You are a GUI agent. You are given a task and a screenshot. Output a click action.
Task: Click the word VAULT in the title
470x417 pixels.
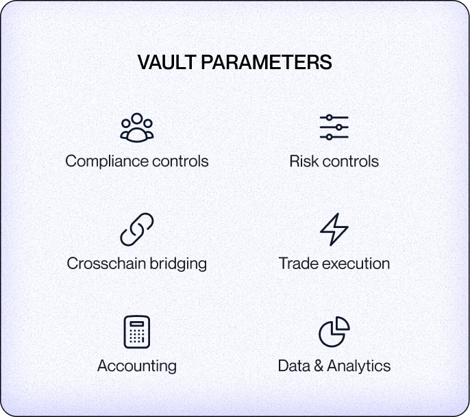click(x=167, y=62)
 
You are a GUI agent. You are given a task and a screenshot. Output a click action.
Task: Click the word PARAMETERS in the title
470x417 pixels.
click(x=267, y=62)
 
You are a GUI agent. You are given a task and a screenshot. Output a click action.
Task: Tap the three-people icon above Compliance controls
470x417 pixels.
click(x=137, y=127)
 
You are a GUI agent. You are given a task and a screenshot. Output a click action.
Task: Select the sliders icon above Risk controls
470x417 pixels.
click(x=334, y=127)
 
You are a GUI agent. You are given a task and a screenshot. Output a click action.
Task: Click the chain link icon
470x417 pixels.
click(x=137, y=229)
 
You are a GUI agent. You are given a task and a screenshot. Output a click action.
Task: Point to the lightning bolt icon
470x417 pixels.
click(x=334, y=229)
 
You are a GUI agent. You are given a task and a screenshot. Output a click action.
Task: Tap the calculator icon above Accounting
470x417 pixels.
click(x=137, y=332)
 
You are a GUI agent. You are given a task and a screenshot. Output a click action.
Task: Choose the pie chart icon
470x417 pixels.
click(x=334, y=332)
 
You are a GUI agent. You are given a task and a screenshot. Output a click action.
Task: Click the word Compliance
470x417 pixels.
click(x=107, y=162)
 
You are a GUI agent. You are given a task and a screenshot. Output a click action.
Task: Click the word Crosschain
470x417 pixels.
click(x=106, y=264)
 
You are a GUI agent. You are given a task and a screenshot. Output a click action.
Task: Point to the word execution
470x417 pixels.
click(x=356, y=264)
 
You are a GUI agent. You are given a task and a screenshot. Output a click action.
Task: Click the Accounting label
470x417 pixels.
click(x=137, y=366)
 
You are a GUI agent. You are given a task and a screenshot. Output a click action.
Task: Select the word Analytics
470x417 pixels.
click(x=359, y=366)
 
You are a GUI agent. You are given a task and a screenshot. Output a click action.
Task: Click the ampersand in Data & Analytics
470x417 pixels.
click(x=319, y=366)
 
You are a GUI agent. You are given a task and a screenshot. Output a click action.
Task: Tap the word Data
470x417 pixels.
click(x=294, y=366)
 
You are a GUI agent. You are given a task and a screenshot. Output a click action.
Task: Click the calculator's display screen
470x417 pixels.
click(x=137, y=324)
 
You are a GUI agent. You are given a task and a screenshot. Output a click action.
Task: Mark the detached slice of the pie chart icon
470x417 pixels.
click(x=341, y=324)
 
